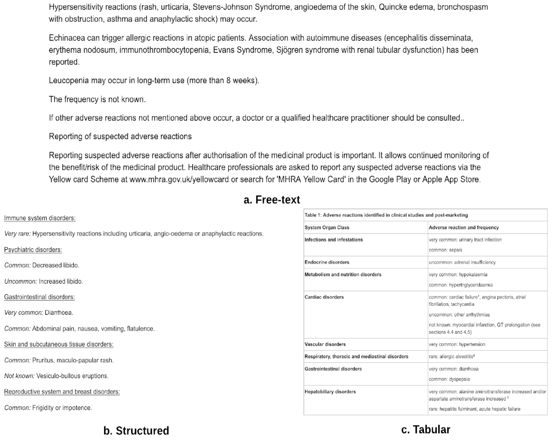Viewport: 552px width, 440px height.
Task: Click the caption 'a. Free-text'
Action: pos(272,200)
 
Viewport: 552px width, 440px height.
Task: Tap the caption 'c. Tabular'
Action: pos(425,429)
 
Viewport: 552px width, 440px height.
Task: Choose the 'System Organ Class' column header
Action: pos(327,227)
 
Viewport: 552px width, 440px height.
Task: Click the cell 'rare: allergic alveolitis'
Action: pos(452,356)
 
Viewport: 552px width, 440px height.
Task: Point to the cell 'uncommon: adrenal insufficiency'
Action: pos(462,262)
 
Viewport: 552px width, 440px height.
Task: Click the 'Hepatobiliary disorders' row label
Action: pos(330,392)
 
